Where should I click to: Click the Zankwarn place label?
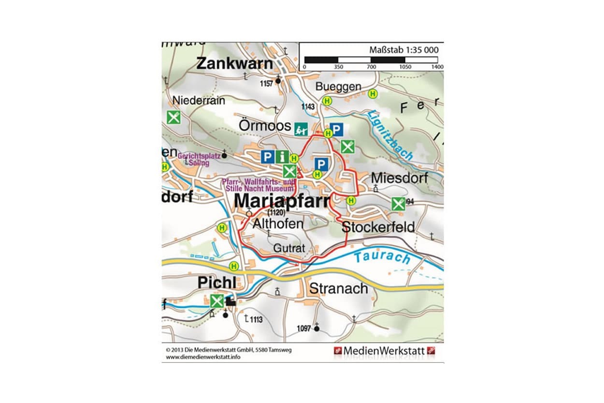click(234, 63)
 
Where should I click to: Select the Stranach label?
click(338, 289)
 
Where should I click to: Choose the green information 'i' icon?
click(282, 157)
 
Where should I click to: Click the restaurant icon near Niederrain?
click(173, 117)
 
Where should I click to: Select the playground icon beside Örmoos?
click(301, 128)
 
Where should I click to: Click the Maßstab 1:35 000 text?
click(403, 50)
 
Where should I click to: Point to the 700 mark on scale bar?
click(372, 67)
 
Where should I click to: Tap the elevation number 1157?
click(266, 83)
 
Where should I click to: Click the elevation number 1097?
click(303, 328)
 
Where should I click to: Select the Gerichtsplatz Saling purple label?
click(199, 160)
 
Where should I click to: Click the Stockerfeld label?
click(378, 226)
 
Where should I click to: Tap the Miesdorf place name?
click(399, 178)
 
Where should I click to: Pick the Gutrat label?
click(289, 248)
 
